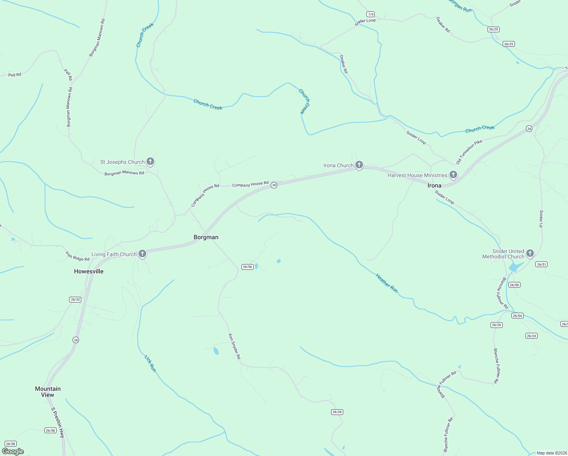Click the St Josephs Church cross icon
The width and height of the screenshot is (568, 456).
pyautogui.click(x=150, y=161)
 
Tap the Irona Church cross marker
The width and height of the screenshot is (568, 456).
pyautogui.click(x=359, y=165)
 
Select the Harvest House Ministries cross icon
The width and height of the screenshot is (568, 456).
pyautogui.click(x=453, y=175)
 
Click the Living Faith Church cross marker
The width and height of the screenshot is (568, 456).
pyautogui.click(x=142, y=254)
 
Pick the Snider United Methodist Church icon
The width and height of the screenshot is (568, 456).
pyautogui.click(x=530, y=253)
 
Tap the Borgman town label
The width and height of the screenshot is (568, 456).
pyautogui.click(x=206, y=237)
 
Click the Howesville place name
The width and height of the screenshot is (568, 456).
pyautogui.click(x=89, y=271)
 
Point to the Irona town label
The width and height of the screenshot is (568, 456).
pyautogui.click(x=434, y=185)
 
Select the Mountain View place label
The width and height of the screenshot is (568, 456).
pyautogui.click(x=48, y=392)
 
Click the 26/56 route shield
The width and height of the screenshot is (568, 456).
pyautogui.click(x=247, y=267)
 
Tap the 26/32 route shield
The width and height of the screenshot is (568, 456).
pyautogui.click(x=76, y=299)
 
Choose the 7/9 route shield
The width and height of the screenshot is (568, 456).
pyautogui.click(x=371, y=14)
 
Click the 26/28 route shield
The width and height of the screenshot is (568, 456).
pyautogui.click(x=337, y=412)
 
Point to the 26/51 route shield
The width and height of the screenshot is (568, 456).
pyautogui.click(x=541, y=264)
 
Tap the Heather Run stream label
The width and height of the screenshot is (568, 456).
pyautogui.click(x=387, y=283)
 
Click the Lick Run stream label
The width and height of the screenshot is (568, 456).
pyautogui.click(x=150, y=363)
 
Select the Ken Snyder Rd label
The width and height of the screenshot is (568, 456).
pyautogui.click(x=234, y=346)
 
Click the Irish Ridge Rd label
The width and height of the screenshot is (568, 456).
pyautogui.click(x=77, y=256)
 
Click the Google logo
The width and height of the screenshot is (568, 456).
pyautogui.click(x=13, y=451)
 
